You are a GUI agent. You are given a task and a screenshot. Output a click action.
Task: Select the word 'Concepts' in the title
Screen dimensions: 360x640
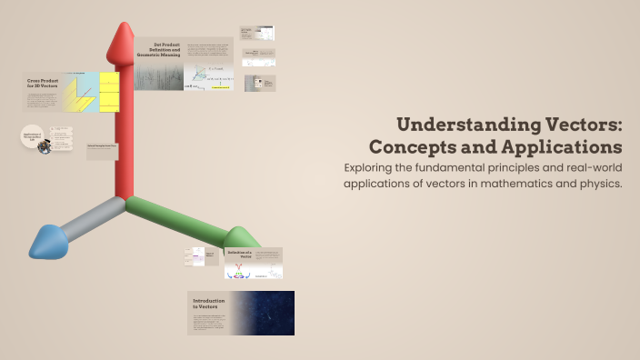click(410, 145)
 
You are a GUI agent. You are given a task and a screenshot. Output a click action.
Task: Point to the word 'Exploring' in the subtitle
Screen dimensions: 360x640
click(400, 167)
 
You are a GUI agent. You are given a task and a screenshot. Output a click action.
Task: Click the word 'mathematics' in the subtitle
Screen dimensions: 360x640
click(505, 184)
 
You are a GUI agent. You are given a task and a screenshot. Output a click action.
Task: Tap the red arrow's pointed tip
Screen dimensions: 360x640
click(122, 30)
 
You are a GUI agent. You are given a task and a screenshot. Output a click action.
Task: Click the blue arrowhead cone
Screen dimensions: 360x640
click(46, 241)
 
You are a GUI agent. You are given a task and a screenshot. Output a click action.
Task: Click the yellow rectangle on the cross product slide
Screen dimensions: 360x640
click(108, 91)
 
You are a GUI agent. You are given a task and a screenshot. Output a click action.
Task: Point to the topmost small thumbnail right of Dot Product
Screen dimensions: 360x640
click(256, 33)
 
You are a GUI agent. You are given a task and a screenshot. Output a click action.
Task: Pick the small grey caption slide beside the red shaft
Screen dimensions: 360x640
click(102, 150)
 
